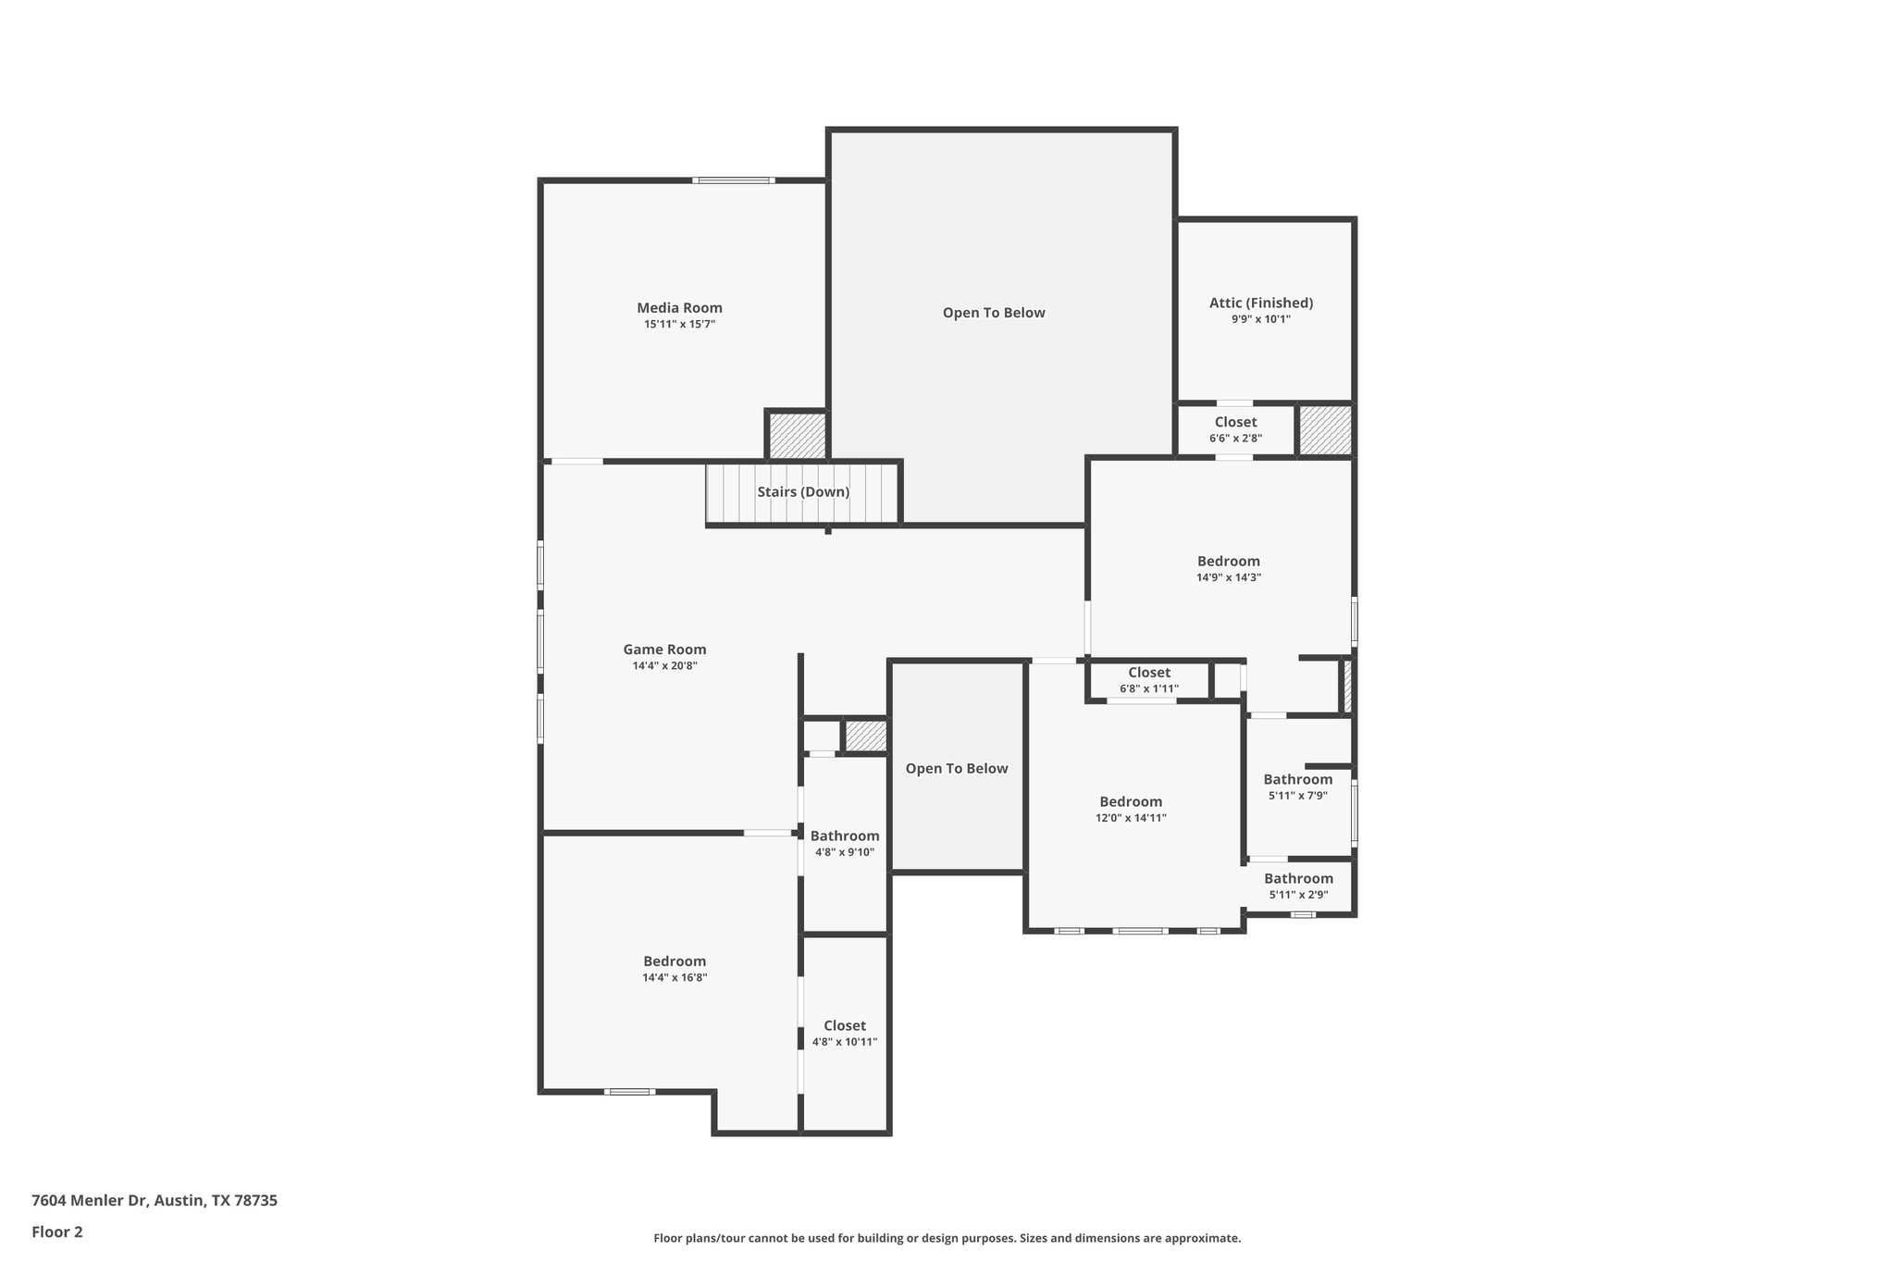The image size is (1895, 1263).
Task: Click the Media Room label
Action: [679, 308]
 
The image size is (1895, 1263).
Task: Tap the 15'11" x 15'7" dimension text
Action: [679, 325]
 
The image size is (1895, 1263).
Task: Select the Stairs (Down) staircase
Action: [802, 492]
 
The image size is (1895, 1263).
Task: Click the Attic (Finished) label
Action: [1260, 303]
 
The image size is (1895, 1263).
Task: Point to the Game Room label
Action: [664, 650]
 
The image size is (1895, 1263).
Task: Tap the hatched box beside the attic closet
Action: [1325, 430]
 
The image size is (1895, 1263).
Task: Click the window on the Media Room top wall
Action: [735, 180]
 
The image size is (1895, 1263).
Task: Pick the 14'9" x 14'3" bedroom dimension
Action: [1228, 577]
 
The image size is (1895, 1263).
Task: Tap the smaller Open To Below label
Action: [956, 769]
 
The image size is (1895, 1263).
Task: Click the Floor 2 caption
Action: [57, 1232]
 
